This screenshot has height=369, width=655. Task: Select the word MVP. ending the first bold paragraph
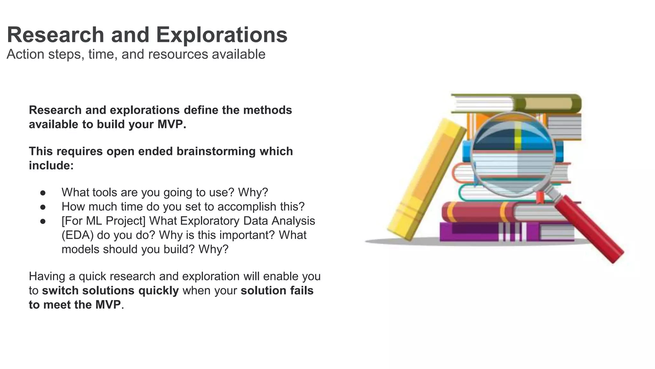pos(172,124)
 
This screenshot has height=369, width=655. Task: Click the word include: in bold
pos(51,165)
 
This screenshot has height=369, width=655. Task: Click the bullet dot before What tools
pos(43,193)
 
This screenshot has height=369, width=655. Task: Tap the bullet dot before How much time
pos(43,207)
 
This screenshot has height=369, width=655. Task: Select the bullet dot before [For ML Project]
pos(43,221)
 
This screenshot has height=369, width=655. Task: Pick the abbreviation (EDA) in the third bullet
pos(77,235)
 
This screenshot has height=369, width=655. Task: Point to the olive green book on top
pos(550,103)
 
